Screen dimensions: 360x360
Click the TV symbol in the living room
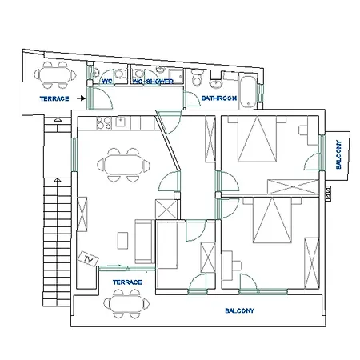click(88, 258)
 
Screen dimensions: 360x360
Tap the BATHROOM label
click(219, 98)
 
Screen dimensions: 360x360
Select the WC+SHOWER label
click(153, 82)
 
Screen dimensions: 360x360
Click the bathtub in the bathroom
click(247, 91)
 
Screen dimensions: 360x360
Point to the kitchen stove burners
click(104, 123)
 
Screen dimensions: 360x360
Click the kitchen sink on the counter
click(121, 122)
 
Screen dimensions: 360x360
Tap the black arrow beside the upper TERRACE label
click(81, 98)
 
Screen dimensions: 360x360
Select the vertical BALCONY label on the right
click(338, 154)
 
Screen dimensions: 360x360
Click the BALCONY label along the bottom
click(239, 310)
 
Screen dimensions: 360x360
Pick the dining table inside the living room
click(123, 165)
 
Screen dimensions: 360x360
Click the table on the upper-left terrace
click(55, 75)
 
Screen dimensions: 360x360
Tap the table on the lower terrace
click(126, 304)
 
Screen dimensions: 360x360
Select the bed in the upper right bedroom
click(257, 138)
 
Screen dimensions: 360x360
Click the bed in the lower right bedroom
click(272, 220)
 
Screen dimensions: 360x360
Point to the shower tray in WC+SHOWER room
click(176, 76)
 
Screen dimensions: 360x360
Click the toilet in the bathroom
click(198, 78)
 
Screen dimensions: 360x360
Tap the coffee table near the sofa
click(122, 241)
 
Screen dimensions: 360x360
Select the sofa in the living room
click(143, 242)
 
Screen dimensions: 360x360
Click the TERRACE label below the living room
click(127, 282)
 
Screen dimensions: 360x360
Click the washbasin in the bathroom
click(215, 84)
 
